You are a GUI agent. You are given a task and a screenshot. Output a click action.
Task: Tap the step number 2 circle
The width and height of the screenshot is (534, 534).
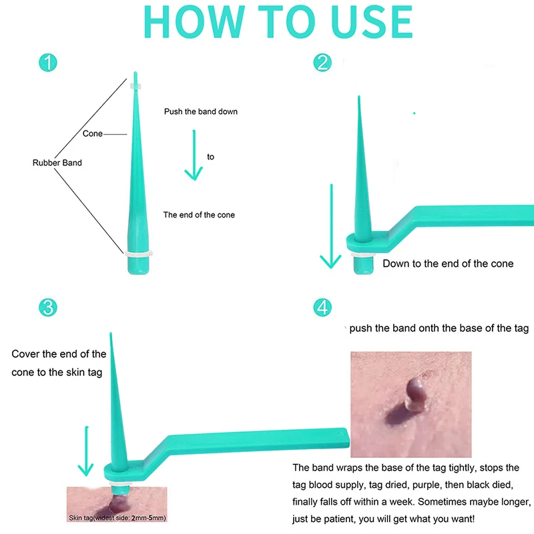(x=323, y=63)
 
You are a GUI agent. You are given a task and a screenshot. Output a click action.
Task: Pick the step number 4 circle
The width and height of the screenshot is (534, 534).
(x=323, y=307)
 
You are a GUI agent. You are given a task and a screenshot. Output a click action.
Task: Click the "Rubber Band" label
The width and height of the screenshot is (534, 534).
(x=57, y=163)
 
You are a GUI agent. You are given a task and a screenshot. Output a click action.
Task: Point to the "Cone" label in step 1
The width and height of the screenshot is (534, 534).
(x=92, y=133)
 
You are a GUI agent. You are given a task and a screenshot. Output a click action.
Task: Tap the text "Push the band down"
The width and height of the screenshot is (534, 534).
(x=200, y=111)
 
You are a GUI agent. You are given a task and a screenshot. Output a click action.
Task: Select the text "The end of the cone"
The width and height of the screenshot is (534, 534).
(x=199, y=215)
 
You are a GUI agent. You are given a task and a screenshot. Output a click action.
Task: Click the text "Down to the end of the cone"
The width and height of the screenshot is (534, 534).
(x=448, y=264)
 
